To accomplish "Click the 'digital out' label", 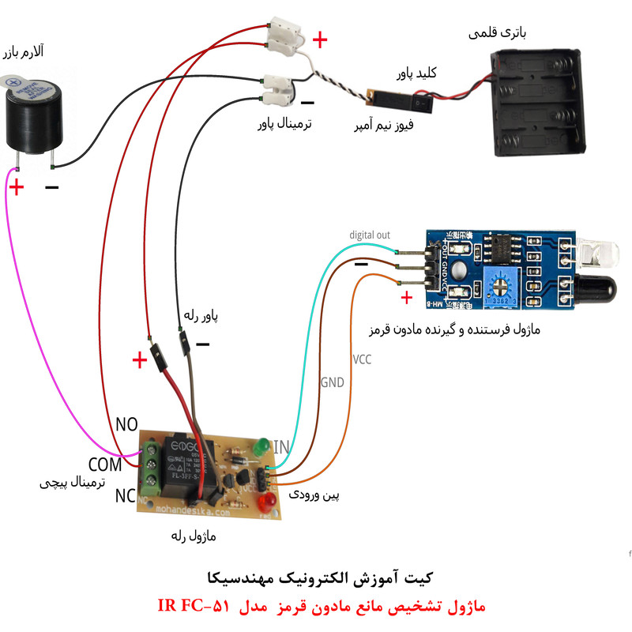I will [x=370, y=235].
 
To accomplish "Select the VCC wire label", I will [x=362, y=359].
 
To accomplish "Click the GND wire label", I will [x=332, y=383].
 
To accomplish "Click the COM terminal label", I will [x=105, y=464].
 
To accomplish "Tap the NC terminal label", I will [x=125, y=496].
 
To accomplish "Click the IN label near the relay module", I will [x=281, y=447].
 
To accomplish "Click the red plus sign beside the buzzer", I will [x=16, y=187].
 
